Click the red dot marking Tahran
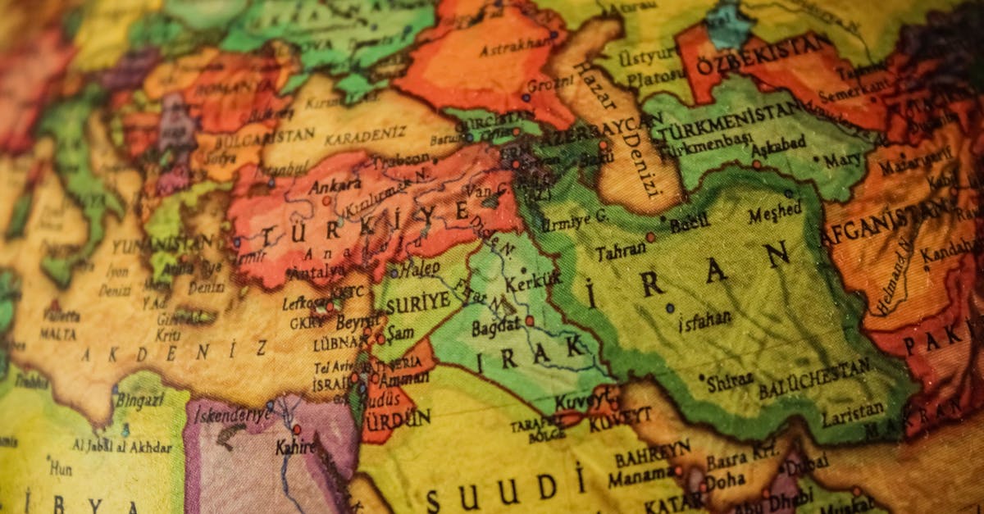[x=650, y=237]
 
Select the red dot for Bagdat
[x=530, y=321]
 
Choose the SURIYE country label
[x=417, y=301]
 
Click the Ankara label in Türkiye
[x=335, y=186]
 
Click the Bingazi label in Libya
[x=139, y=401]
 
